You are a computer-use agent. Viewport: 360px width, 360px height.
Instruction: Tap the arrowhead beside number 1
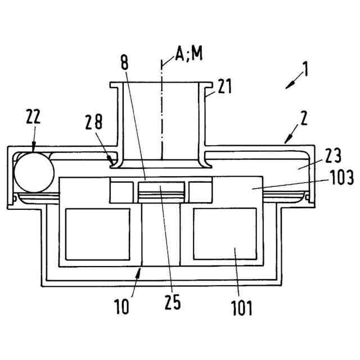tap(290, 84)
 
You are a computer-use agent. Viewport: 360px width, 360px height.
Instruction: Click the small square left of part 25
tap(122, 191)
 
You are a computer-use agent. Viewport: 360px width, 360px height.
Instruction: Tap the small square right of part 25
tap(201, 191)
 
